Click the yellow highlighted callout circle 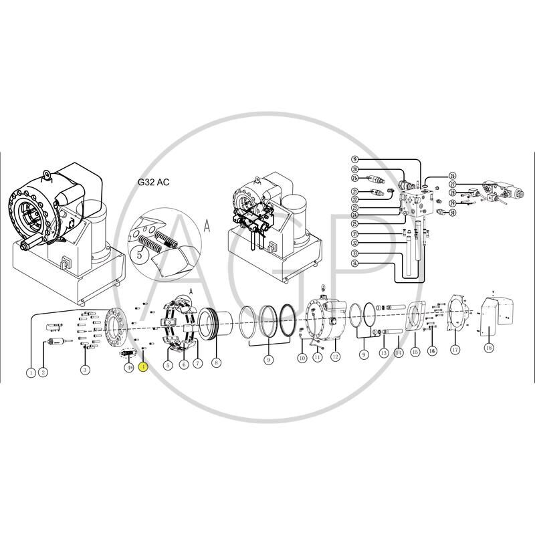[142, 366]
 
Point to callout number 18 [489, 348]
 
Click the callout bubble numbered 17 [455, 349]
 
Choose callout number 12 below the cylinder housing [335, 358]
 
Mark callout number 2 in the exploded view [43, 371]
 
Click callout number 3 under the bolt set [85, 370]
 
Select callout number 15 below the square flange [415, 351]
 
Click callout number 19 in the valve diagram [355, 159]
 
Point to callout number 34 [355, 263]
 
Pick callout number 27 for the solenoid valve [453, 185]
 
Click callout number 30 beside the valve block [453, 213]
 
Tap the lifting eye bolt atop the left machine [47, 175]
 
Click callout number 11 [318, 358]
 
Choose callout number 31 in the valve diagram [355, 233]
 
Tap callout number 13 [383, 352]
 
